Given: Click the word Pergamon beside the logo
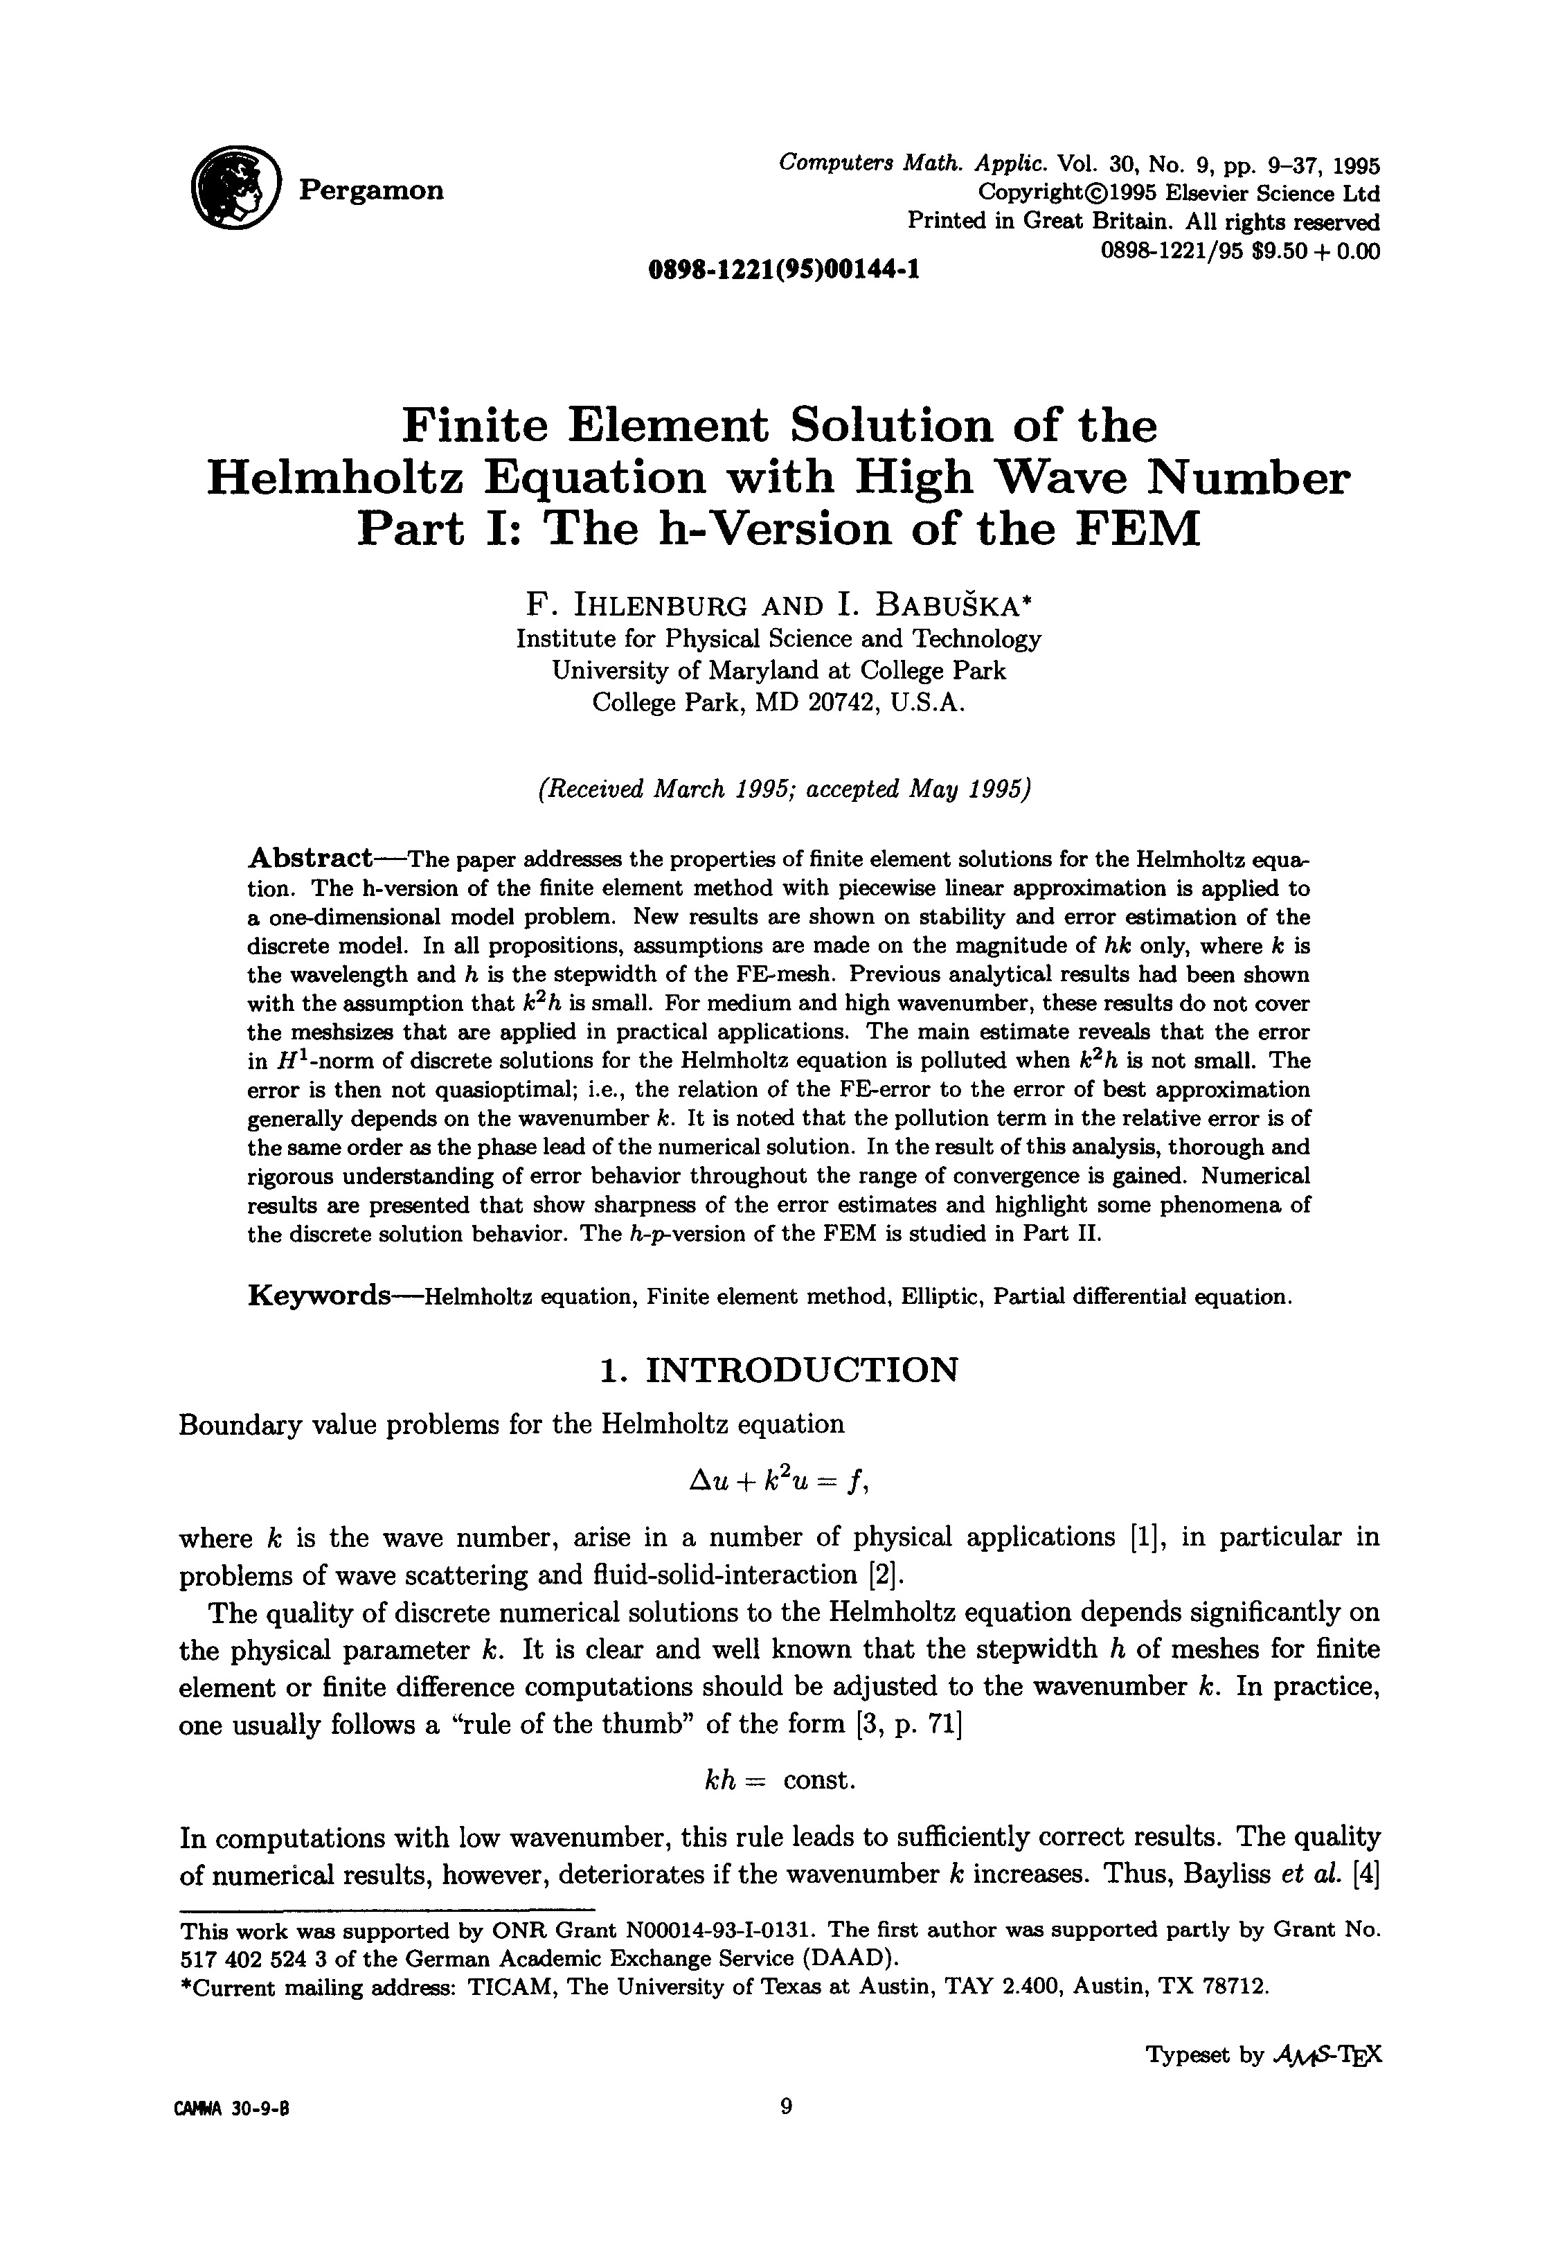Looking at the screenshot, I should point(371,190).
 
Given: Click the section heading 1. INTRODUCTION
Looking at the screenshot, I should point(778,1369).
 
